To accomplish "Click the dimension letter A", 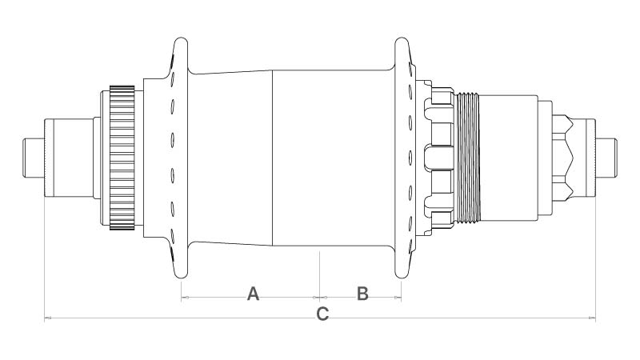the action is [x=253, y=294].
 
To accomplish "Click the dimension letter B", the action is [x=362, y=294].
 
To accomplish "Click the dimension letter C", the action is [x=322, y=314].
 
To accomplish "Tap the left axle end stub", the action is [x=34, y=158].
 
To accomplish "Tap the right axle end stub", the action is [x=606, y=158].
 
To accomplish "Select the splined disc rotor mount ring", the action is [x=122, y=158].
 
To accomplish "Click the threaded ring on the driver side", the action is [x=468, y=158].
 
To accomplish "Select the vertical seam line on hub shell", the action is [x=272, y=158].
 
